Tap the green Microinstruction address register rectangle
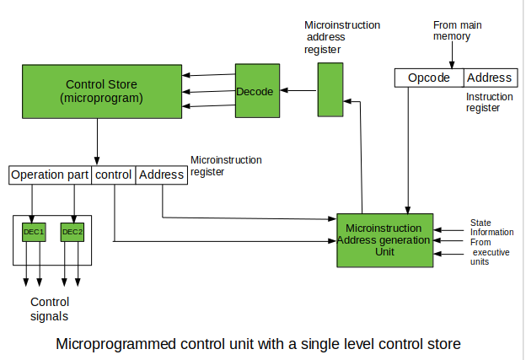[329, 91]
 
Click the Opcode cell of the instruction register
[429, 78]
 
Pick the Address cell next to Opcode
[489, 78]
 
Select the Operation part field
[50, 175]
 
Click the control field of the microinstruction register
[113, 175]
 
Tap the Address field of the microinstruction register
[161, 175]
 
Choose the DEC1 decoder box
[34, 232]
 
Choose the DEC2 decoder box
[73, 232]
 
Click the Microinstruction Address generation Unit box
[384, 239]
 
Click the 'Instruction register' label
[489, 103]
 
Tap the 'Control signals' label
[49, 309]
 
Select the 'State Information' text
[491, 228]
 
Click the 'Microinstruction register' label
[226, 165]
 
